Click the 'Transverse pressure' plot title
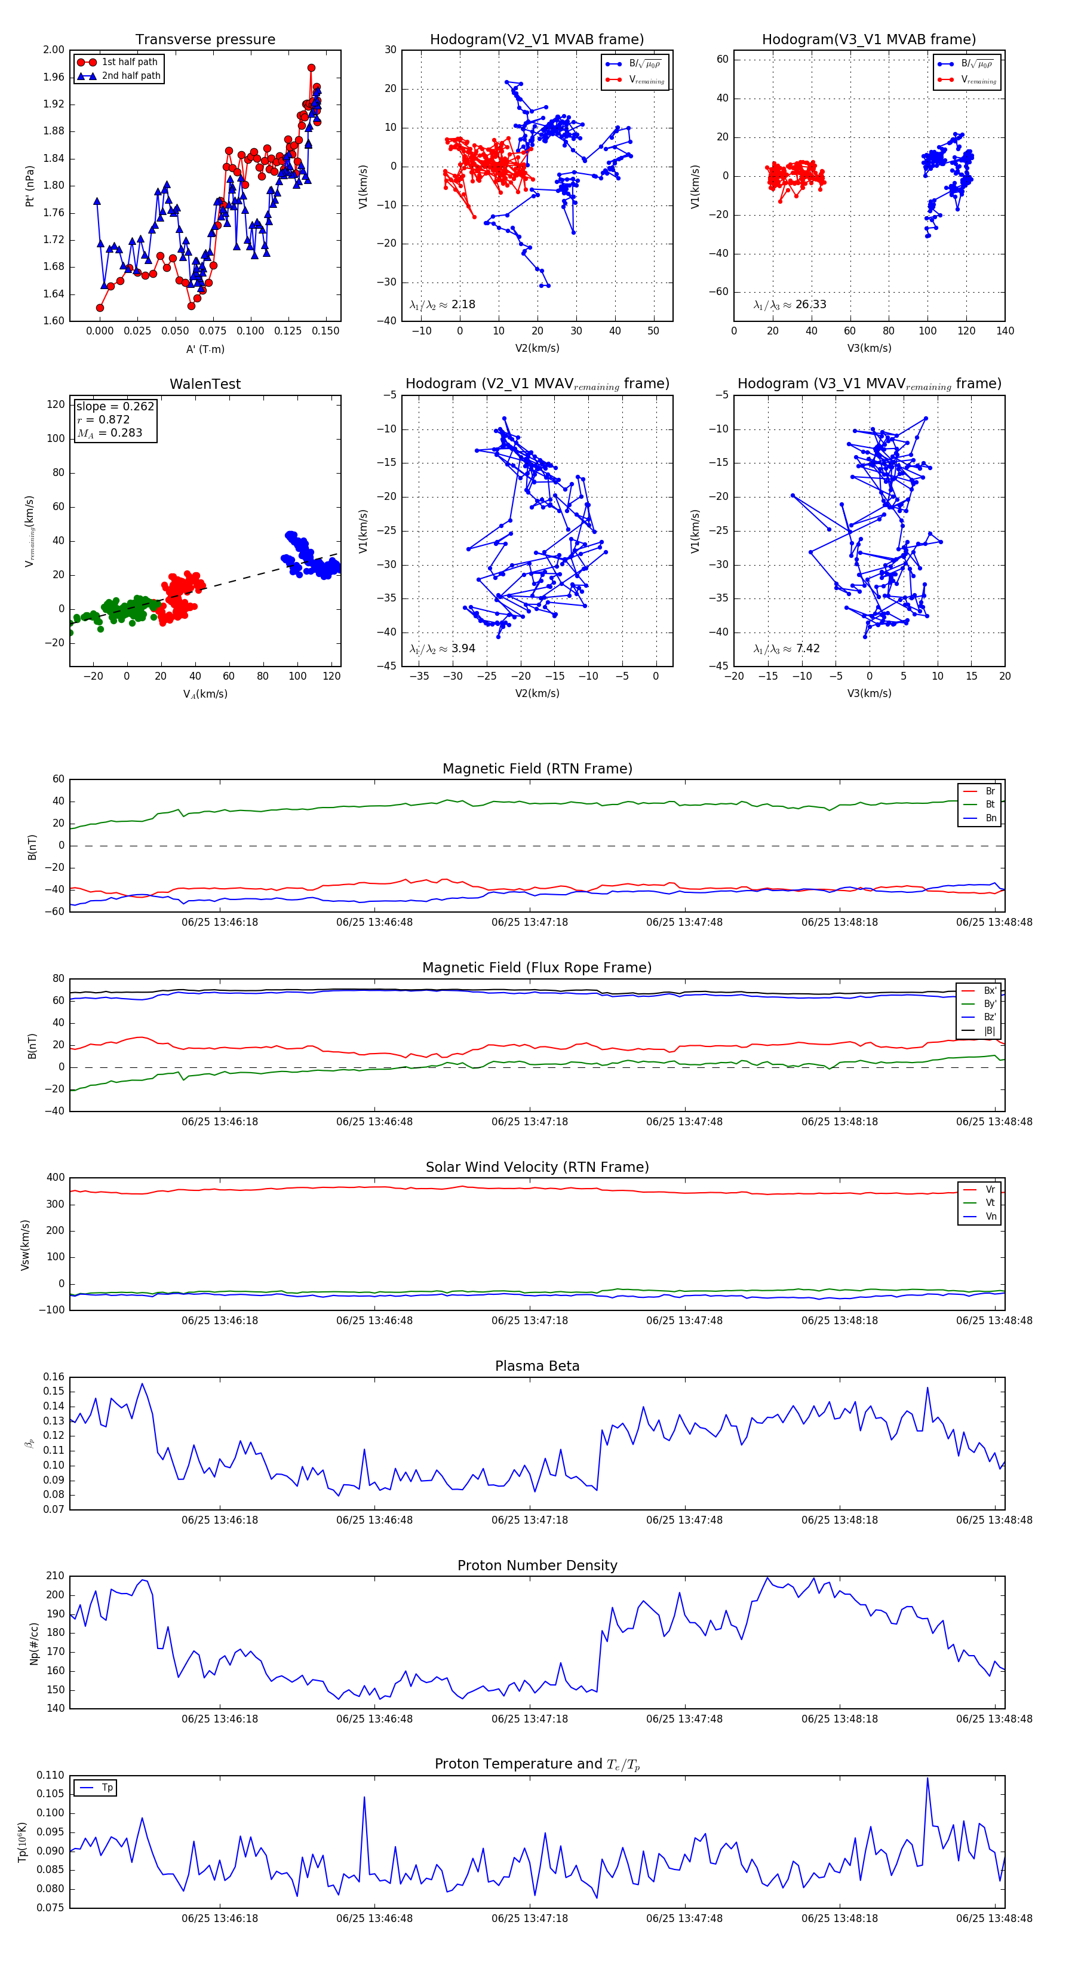[x=205, y=40]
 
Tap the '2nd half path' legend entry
[x=131, y=76]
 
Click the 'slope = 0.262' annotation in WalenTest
[x=115, y=406]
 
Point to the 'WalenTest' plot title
[x=205, y=384]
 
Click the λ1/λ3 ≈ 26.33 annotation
[x=790, y=305]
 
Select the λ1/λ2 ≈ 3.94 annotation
[x=442, y=649]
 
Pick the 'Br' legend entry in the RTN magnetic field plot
[x=990, y=791]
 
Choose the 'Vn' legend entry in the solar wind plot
[x=990, y=1217]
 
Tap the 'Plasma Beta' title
[x=537, y=1367]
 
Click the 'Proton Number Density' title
[x=537, y=1565]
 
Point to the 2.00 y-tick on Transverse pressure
[x=54, y=50]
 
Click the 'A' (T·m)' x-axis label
[x=205, y=349]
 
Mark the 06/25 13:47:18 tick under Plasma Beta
[x=530, y=1520]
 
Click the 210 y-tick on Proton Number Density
[x=55, y=1576]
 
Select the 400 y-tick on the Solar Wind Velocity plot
[x=55, y=1178]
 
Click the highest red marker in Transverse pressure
[x=311, y=68]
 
